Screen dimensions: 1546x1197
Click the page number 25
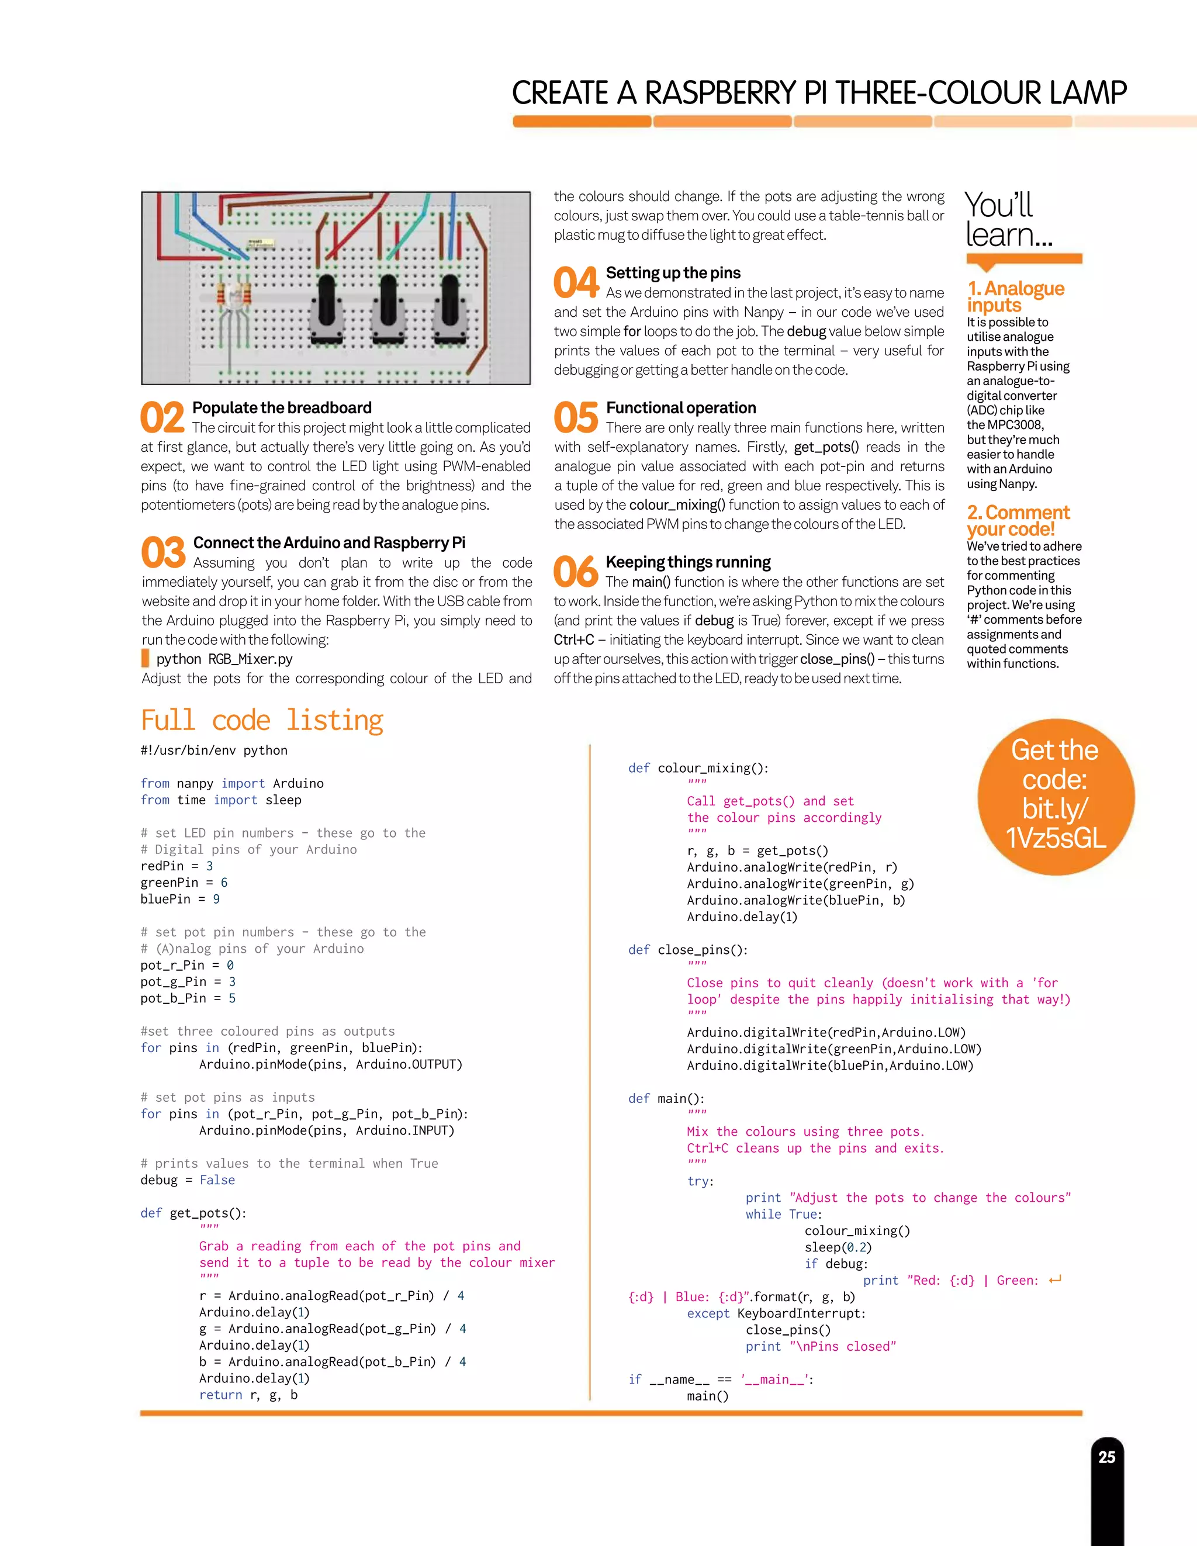[x=1106, y=1457]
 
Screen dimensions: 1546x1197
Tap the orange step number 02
[x=162, y=418]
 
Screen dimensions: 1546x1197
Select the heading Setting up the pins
[x=673, y=273]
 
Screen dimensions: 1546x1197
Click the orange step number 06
[x=576, y=572]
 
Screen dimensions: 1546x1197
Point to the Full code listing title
[x=262, y=721]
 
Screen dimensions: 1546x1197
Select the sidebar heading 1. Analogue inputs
[x=1015, y=296]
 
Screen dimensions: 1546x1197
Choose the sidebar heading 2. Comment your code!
[x=1018, y=520]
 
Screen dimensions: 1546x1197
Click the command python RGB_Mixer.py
[x=224, y=659]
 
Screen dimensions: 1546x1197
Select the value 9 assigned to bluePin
[x=217, y=899]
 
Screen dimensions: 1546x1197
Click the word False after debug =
[x=217, y=1180]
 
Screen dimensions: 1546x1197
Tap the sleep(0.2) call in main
[x=838, y=1247]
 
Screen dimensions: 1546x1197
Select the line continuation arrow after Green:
[x=1055, y=1280]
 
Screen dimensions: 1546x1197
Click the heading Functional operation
[x=680, y=408]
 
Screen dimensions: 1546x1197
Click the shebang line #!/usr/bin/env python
[x=214, y=750]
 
